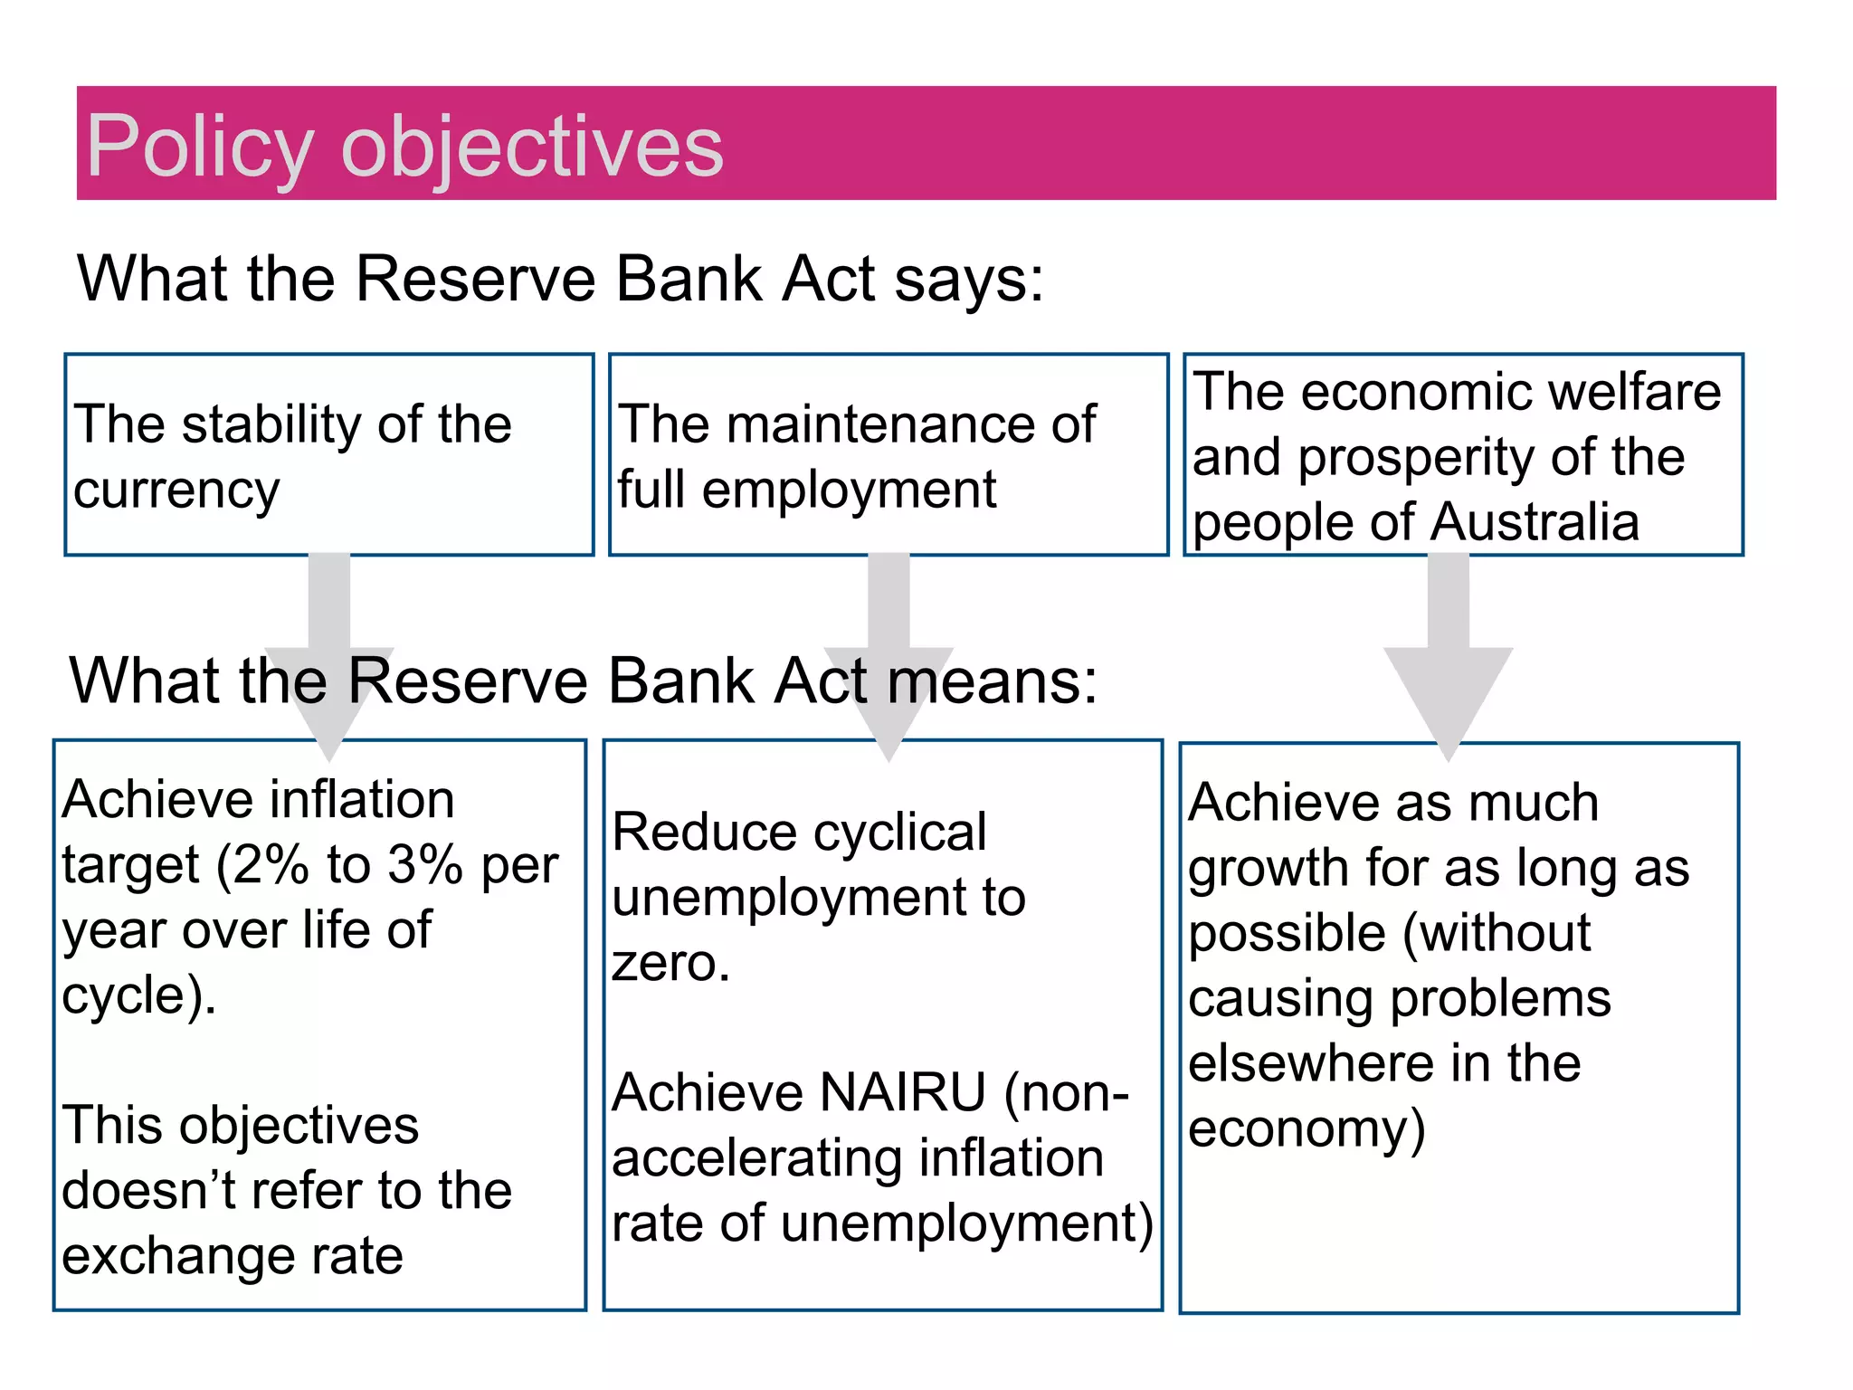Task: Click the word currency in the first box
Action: [176, 491]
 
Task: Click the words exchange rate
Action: [233, 1256]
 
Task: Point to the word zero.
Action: [670, 963]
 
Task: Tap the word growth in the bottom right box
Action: [1269, 869]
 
